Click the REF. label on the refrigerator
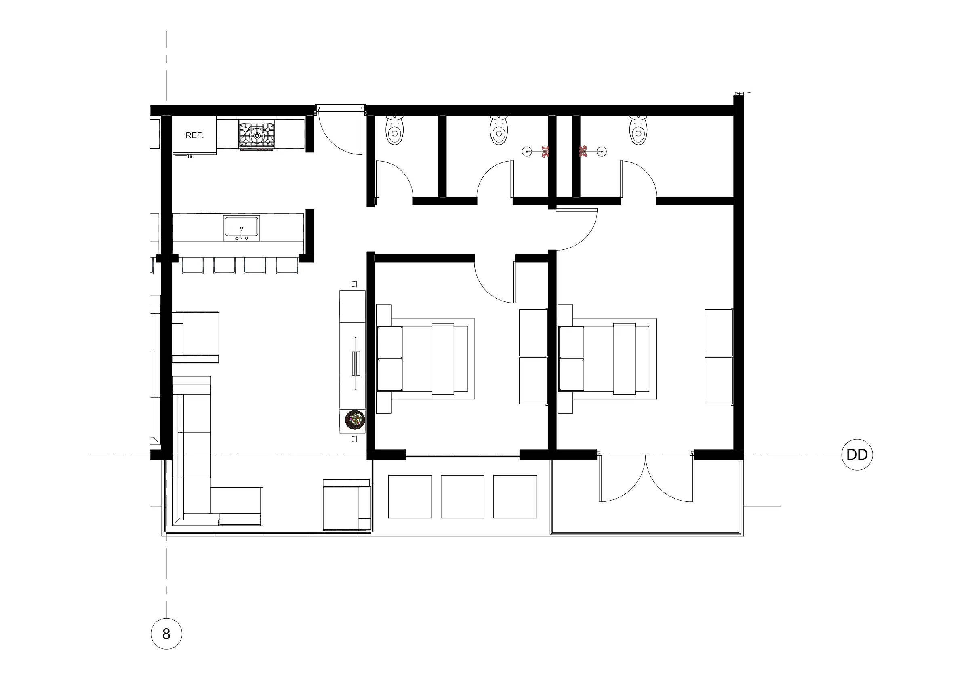pos(194,135)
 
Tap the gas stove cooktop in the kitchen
pos(257,135)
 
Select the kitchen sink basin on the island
pos(241,228)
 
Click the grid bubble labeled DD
pos(857,455)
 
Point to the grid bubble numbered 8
pos(166,634)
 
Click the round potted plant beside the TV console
pos(355,420)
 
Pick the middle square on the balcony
pos(463,497)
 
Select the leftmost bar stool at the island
pos(193,265)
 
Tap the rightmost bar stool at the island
pos(287,265)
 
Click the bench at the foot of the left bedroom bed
pos(443,359)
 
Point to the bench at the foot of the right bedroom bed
pos(625,359)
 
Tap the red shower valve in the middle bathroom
pos(545,151)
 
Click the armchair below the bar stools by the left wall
pos(195,337)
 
